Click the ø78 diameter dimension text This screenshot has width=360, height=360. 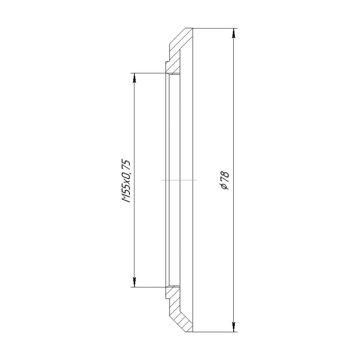tap(225, 180)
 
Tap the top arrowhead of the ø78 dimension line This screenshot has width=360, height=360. tap(234, 33)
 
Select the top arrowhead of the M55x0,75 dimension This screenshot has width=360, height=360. tap(134, 78)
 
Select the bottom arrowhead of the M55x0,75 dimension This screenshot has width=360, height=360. tap(134, 282)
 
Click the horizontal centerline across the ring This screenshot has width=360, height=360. tap(179, 180)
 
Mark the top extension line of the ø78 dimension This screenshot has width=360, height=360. tap(215, 28)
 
